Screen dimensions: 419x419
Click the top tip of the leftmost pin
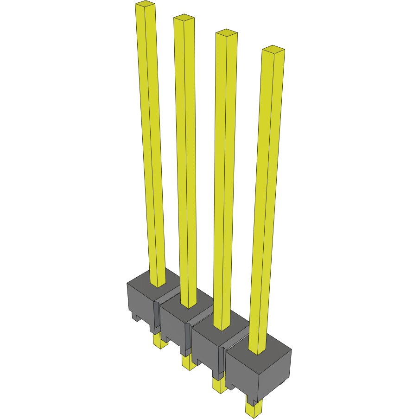(145, 5)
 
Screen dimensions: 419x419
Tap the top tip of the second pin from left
(184, 18)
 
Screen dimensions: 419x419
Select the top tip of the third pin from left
(227, 33)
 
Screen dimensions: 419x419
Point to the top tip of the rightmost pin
(273, 49)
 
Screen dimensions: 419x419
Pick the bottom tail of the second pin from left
(188, 363)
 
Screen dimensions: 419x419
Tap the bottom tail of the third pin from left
(218, 386)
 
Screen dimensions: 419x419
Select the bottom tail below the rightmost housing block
(253, 409)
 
